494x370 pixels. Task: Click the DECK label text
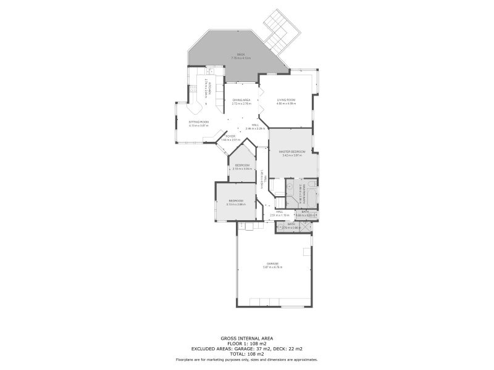coord(241,55)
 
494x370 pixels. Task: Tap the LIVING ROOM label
coord(286,100)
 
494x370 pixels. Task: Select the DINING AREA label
coord(241,100)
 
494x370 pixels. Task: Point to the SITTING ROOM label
coord(199,122)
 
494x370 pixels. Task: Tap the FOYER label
coord(230,136)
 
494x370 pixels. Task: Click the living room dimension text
coord(286,104)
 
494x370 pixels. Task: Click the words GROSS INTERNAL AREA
coord(246,338)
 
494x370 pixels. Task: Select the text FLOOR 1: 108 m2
coord(246,343)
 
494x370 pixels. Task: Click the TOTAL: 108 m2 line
coord(246,354)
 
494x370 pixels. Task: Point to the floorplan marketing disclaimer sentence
coord(246,359)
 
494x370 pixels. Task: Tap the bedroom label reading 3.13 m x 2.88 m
coord(236,204)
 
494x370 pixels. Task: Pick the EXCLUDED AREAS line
coord(246,349)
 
